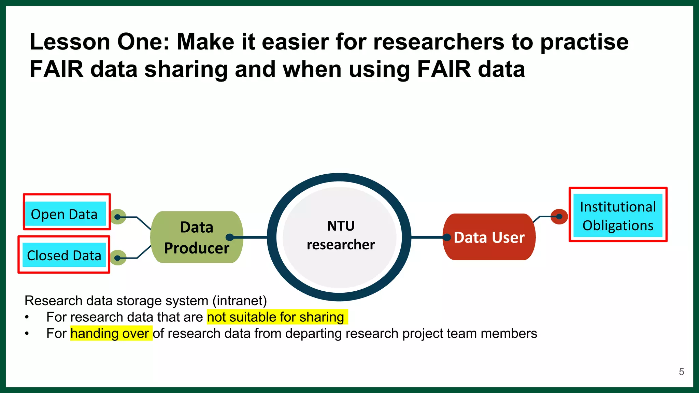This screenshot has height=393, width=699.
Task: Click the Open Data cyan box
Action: [x=65, y=214]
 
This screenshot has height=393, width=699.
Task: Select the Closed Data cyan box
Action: [x=64, y=255]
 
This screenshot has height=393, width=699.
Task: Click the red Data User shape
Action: [x=489, y=237]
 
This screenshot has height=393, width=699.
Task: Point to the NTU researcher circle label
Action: [x=340, y=235]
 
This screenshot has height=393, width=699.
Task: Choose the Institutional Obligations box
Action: [x=618, y=216]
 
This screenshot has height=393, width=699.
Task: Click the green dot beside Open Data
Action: [x=118, y=217]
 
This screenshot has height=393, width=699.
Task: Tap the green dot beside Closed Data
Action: [x=118, y=258]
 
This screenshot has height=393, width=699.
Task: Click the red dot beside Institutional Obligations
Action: [x=559, y=216]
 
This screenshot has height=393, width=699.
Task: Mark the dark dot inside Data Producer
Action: [x=230, y=237]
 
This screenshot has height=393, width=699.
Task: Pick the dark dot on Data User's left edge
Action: [x=447, y=237]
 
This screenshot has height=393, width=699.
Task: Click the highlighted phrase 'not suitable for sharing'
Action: [x=276, y=317]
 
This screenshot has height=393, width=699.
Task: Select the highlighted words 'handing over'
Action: [x=110, y=333]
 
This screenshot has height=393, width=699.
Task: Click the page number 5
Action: [x=681, y=372]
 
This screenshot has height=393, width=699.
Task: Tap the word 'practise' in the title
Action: [x=584, y=42]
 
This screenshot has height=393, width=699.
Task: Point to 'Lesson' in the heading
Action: [x=70, y=42]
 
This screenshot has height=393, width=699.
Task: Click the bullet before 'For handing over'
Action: [x=27, y=333]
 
